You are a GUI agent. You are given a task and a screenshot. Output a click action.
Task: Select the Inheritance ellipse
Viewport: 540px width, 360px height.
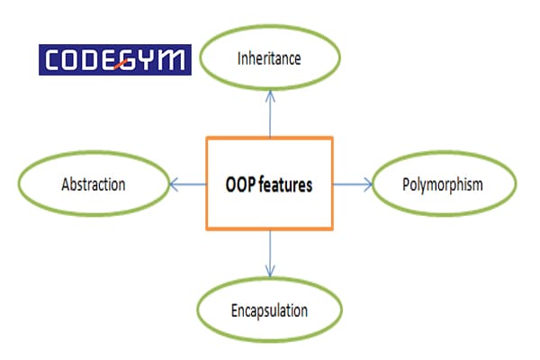tap(268, 58)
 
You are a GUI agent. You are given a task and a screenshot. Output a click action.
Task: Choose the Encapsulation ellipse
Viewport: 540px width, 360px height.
tap(267, 310)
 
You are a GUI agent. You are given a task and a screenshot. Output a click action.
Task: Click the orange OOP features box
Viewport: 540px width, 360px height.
tap(269, 184)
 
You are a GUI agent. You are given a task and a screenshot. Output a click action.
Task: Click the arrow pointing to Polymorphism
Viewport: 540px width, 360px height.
tap(352, 185)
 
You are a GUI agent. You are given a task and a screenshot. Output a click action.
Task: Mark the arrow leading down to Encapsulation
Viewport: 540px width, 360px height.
tap(269, 256)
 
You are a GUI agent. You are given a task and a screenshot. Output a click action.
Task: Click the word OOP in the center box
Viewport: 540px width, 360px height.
tap(241, 185)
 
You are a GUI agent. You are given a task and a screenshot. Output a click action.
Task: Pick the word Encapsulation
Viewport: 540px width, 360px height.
tap(267, 310)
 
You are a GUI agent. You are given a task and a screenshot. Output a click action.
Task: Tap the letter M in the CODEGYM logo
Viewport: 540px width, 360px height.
tap(174, 59)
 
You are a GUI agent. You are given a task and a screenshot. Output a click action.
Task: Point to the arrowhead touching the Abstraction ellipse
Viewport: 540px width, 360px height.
tap(172, 185)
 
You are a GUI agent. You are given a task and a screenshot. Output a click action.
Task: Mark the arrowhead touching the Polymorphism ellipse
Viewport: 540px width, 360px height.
tap(367, 185)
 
